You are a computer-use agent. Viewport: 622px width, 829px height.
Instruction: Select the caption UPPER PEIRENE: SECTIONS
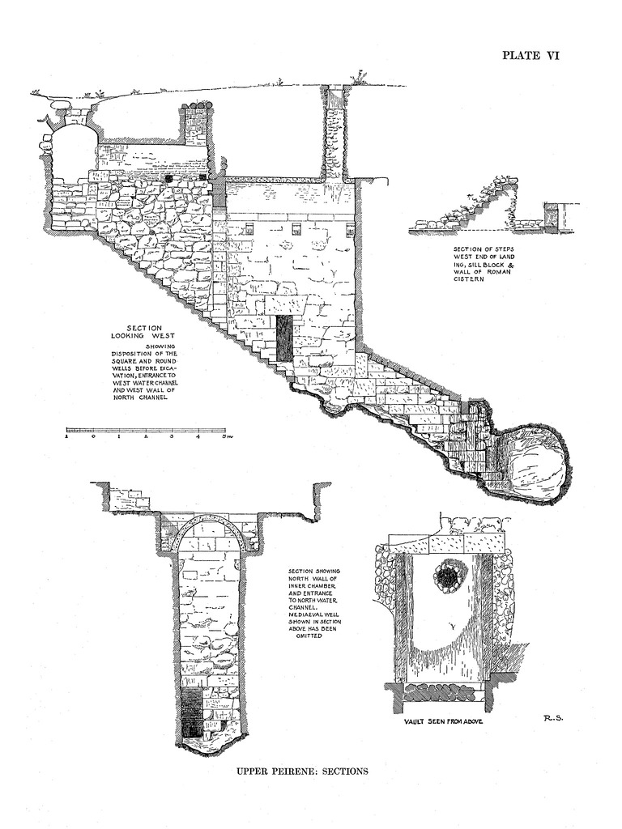(302, 771)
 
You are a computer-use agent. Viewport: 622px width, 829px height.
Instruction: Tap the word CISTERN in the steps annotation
(470, 279)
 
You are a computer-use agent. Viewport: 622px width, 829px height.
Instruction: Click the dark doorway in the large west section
(283, 338)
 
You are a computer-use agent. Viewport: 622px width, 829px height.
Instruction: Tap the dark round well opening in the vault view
(447, 576)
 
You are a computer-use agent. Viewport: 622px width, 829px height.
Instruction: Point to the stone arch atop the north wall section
(208, 529)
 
